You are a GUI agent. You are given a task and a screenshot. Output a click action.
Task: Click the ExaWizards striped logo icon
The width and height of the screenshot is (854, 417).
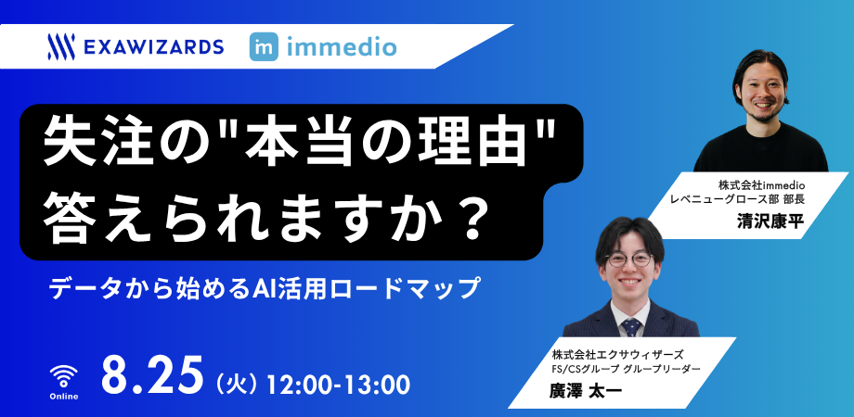[61, 46]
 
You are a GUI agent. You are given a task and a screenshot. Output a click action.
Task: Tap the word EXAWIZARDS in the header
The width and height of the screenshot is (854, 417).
[154, 47]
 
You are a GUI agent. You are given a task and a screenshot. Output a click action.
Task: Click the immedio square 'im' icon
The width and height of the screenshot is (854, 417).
[264, 46]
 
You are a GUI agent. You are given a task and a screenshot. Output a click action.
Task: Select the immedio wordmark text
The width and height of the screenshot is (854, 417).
[341, 47]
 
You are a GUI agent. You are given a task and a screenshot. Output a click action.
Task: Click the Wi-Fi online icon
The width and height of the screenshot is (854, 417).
[64, 375]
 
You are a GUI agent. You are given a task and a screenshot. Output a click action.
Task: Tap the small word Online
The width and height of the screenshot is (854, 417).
[64, 397]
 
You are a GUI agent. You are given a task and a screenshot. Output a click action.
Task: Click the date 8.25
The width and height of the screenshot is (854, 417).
[152, 376]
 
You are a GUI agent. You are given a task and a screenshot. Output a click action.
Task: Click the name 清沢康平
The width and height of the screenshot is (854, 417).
[770, 221]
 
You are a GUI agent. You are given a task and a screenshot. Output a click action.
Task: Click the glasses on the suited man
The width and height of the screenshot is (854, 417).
[629, 259]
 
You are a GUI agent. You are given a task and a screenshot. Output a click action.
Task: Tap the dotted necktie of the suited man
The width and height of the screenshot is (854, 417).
[631, 328]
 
